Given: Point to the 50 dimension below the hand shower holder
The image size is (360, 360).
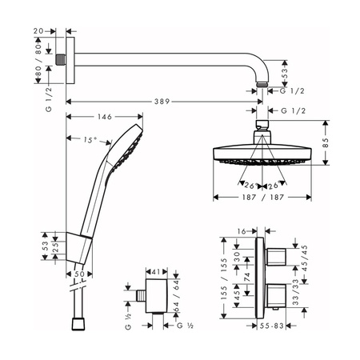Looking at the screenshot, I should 80,274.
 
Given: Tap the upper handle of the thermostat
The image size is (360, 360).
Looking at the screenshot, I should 277,256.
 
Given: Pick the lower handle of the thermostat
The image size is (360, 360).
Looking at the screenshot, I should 277,300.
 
